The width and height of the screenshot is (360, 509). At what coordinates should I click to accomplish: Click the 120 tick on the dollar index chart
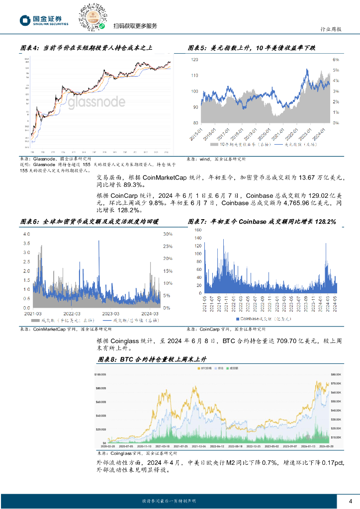[x=194, y=59]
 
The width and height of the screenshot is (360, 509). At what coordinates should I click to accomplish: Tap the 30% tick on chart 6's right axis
[x=168, y=234]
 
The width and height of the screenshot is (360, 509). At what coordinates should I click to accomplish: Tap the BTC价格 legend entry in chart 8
[x=206, y=368]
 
